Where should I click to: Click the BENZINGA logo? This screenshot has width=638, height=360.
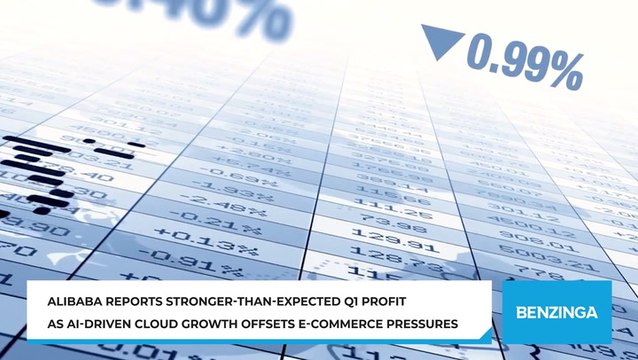[x=556, y=311]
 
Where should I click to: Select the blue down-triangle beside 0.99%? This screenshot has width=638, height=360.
[x=440, y=42]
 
